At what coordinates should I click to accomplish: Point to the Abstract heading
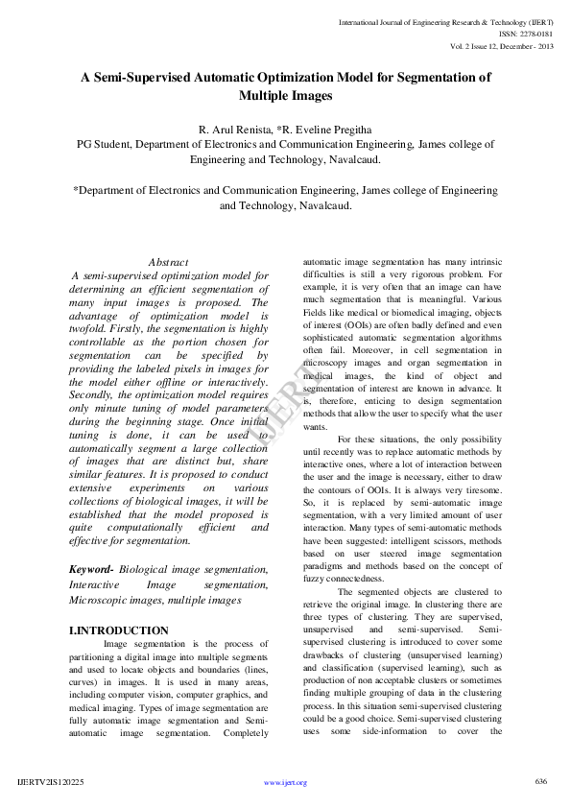click(168, 262)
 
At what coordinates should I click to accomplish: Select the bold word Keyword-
click(91, 569)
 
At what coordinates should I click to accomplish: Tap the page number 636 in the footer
click(540, 781)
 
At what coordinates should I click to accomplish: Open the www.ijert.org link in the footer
click(285, 782)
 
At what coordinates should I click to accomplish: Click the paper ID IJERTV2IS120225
click(51, 782)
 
